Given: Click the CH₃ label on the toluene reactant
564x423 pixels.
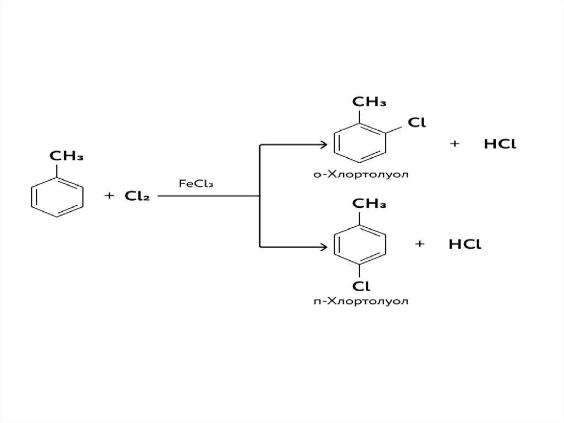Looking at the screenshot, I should (x=67, y=156).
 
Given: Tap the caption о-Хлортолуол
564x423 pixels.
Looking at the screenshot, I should (x=361, y=175).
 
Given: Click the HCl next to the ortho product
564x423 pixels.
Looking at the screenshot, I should (x=500, y=144).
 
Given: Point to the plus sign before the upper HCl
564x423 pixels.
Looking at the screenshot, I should (x=454, y=144).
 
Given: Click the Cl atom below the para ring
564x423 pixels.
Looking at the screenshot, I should (x=361, y=286).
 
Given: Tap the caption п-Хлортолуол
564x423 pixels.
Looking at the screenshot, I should (x=361, y=302).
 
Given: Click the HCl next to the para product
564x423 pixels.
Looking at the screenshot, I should (x=465, y=245).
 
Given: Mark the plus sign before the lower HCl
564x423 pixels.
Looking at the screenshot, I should (x=420, y=245).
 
